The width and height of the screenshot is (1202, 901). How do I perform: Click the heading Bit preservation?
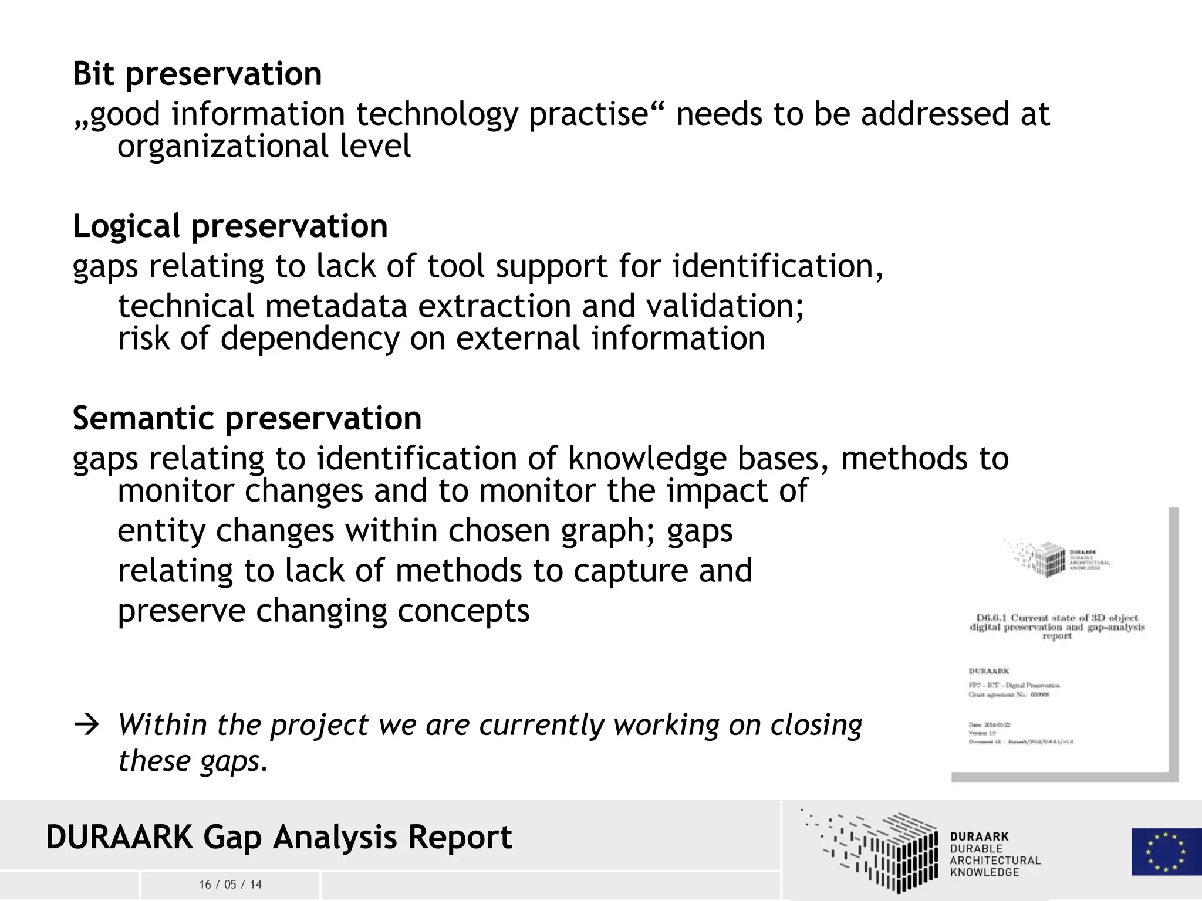[x=197, y=74]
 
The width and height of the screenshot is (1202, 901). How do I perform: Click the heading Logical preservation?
[x=230, y=226]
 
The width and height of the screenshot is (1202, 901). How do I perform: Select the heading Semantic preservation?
[x=247, y=419]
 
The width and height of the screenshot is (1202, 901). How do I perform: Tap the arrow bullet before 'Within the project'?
[x=87, y=726]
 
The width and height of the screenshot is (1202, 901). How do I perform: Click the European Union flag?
[x=1166, y=851]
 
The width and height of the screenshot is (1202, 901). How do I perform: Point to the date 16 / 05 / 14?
[x=230, y=885]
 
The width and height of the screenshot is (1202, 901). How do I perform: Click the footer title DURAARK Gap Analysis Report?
[x=279, y=837]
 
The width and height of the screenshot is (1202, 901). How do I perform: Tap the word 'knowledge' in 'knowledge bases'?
[x=647, y=459]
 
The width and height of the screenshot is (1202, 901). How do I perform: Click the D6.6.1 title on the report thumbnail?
[x=1057, y=626]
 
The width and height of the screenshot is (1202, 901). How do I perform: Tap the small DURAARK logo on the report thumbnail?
[x=1056, y=558]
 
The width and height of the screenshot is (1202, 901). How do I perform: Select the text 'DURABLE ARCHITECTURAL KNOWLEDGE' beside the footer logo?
[x=994, y=861]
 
